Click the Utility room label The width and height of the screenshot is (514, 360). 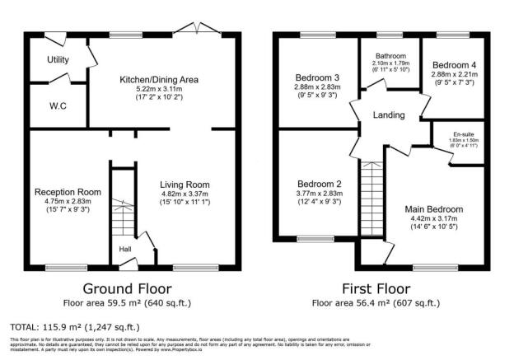click(58, 60)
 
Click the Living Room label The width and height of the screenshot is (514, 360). click(186, 185)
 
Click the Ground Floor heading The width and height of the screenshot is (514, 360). click(128, 288)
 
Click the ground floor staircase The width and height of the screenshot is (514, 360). click(122, 218)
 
